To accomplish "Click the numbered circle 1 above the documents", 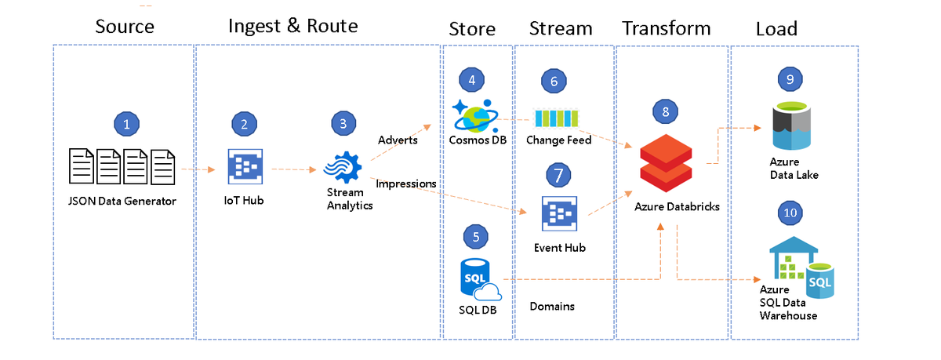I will coord(126,123).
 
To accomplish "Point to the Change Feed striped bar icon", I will coord(556,118).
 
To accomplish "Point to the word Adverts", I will coord(397,140).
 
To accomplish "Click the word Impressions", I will coord(406,184).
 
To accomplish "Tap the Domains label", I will coord(552,306).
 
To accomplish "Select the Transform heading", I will coord(666,29).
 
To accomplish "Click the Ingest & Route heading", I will coord(292,26).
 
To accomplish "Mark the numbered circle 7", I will coord(558,175).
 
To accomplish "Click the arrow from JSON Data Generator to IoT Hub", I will coord(197,169).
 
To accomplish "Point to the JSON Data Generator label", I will coord(122,201).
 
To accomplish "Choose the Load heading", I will coord(776,30).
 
